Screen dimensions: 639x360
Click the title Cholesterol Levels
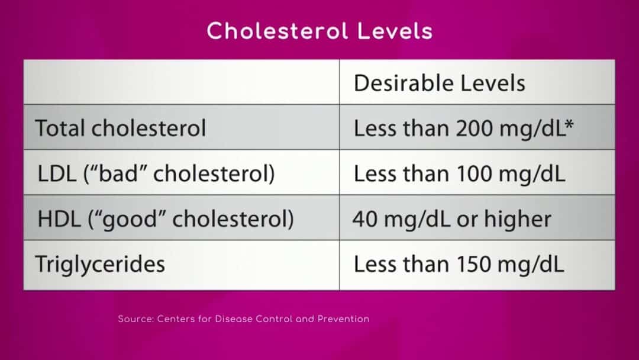coord(319,31)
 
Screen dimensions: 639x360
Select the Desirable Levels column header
coord(439,83)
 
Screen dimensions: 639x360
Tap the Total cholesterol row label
coord(121,128)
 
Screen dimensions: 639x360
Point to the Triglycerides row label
coord(100,264)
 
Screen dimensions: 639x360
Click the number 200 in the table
coord(475,128)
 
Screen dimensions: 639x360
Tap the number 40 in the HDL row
coord(364,219)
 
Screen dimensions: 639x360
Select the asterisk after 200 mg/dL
coord(569,124)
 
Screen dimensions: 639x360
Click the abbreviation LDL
coord(57,173)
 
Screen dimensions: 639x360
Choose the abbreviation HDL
coord(59,219)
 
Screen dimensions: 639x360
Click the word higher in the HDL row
coord(517,220)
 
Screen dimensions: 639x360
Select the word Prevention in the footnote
coord(343,319)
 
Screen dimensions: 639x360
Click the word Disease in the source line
coord(234,319)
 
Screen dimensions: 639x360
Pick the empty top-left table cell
coord(182,82)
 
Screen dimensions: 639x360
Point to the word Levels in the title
coord(395,31)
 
